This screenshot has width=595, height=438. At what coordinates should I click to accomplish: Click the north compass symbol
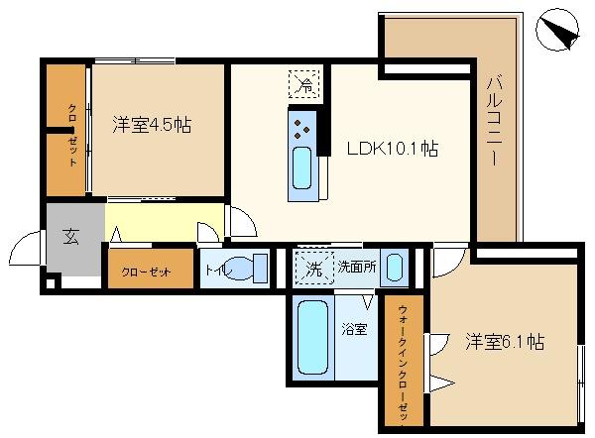pyautogui.click(x=557, y=30)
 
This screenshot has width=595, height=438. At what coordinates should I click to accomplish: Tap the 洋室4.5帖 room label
pyautogui.click(x=152, y=125)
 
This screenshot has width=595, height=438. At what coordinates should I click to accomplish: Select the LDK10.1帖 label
pyautogui.click(x=393, y=149)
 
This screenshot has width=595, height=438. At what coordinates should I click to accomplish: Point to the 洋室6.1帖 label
pyautogui.click(x=505, y=342)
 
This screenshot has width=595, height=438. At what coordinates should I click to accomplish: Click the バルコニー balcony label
pyautogui.click(x=495, y=121)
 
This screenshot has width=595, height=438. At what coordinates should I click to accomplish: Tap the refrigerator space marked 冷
pyautogui.click(x=304, y=84)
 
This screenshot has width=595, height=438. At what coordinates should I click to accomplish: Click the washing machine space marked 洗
pyautogui.click(x=314, y=268)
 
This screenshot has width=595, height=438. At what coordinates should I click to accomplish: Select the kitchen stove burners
pyautogui.click(x=301, y=129)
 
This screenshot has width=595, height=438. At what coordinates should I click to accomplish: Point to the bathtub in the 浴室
pyautogui.click(x=312, y=338)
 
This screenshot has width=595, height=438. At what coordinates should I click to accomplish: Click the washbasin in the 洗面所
pyautogui.click(x=395, y=268)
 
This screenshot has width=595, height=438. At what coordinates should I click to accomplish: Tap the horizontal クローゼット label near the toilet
pyautogui.click(x=147, y=273)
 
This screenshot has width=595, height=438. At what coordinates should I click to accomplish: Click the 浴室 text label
pyautogui.click(x=354, y=329)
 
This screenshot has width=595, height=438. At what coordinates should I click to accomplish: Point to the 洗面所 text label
pyautogui.click(x=357, y=268)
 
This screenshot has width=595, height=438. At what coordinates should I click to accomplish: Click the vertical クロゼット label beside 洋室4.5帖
pyautogui.click(x=72, y=135)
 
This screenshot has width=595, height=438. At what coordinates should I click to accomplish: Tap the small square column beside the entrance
pyautogui.click(x=51, y=283)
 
